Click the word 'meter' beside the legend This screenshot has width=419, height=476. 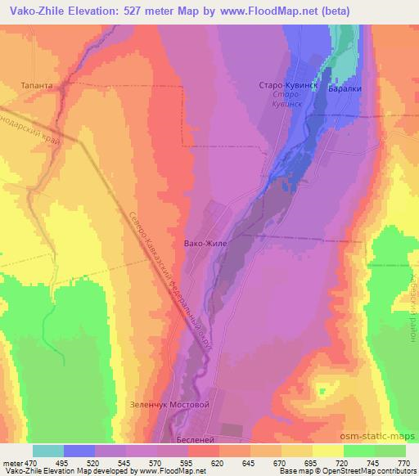[x=12, y=463]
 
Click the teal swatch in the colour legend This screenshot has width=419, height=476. [x=48, y=451]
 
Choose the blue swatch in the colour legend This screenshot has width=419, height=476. [x=79, y=451]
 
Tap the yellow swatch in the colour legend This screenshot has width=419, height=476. [x=327, y=451]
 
